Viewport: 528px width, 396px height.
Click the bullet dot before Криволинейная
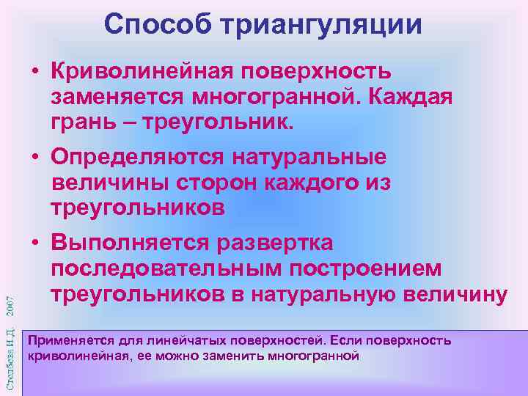coord(34,73)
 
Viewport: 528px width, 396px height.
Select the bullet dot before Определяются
coord(34,158)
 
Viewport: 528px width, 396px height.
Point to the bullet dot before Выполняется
coord(34,243)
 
